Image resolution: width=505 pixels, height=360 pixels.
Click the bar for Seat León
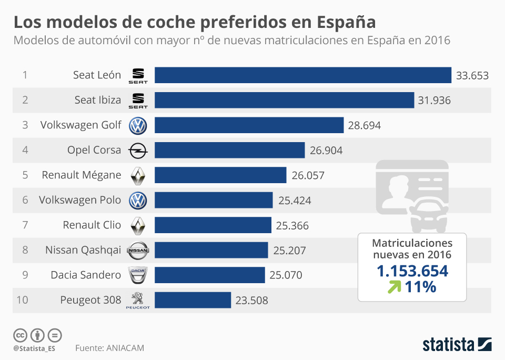coord(302,75)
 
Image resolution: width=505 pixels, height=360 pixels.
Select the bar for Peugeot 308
coord(193,300)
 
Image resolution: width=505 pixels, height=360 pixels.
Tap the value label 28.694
coord(364,125)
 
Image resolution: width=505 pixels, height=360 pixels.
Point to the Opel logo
coord(138,151)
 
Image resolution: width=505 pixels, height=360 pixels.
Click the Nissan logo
coord(138,250)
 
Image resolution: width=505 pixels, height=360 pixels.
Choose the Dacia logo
coord(138,275)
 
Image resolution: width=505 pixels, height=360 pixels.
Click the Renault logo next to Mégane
coord(138,175)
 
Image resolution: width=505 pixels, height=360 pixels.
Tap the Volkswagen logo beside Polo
coord(138,200)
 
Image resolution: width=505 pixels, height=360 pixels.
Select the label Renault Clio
coord(92,225)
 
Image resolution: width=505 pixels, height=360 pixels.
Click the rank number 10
coord(22,300)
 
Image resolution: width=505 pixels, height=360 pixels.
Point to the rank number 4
coord(25,150)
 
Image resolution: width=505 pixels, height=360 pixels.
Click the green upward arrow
coord(394,287)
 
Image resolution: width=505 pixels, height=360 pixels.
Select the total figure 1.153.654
coord(412,271)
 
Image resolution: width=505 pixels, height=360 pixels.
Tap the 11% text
coord(421,287)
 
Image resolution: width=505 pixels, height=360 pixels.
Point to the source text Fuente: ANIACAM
coord(109,348)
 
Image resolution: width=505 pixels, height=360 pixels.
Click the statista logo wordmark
coord(448,345)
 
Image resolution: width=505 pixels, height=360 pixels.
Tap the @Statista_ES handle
coord(34,348)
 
